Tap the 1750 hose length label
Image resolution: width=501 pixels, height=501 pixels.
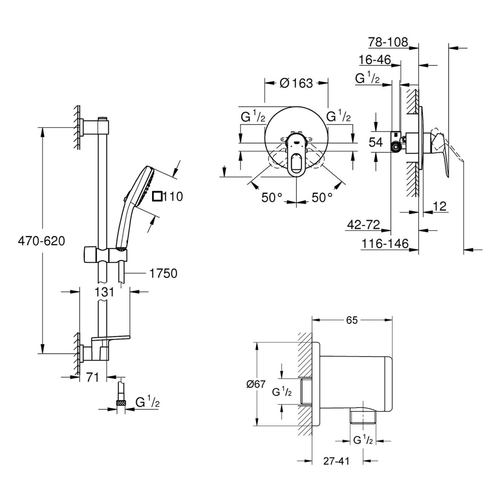pos(162,273)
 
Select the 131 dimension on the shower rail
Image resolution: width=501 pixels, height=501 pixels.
pos(104,292)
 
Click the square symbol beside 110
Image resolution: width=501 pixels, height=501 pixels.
pos(157,196)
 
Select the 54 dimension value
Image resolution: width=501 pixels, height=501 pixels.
pos(376,143)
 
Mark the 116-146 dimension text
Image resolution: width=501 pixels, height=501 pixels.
pos(385,244)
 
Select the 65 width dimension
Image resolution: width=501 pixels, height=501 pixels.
pos(352,320)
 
